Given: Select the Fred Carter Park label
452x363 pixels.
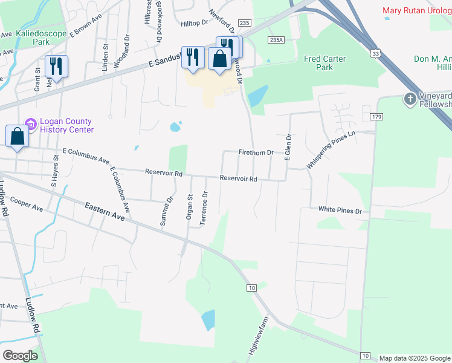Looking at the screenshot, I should (x=325, y=63).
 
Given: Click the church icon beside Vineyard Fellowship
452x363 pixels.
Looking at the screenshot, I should (x=410, y=98).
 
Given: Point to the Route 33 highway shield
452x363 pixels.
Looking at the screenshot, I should (x=376, y=53).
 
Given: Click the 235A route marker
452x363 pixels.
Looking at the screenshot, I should (x=276, y=39).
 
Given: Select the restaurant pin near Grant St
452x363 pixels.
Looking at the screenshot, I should (x=56, y=67).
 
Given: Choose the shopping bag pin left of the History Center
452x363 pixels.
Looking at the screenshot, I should (x=18, y=137).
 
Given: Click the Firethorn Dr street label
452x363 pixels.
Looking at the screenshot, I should (x=256, y=152).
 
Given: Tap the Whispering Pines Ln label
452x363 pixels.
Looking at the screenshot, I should (x=330, y=149).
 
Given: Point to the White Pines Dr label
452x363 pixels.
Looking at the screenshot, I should (x=340, y=211).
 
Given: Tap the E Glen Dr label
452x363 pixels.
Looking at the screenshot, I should (x=288, y=148).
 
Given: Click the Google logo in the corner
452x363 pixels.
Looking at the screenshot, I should (x=20, y=355).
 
